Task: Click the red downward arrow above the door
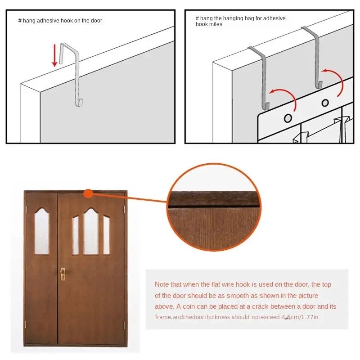(x=55, y=55)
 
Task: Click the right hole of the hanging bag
(x=325, y=103)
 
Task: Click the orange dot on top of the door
(x=89, y=193)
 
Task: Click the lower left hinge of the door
(x=28, y=324)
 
